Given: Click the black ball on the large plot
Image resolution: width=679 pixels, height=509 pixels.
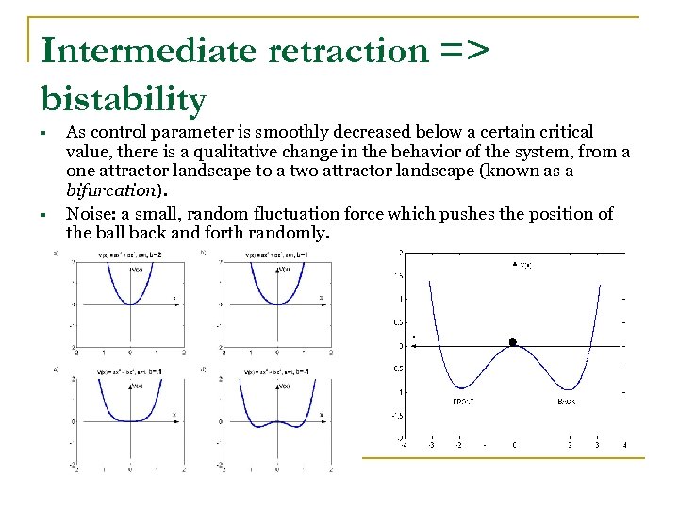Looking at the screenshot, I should click(x=513, y=343).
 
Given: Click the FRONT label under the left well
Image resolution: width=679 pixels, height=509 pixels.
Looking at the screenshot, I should click(x=463, y=401).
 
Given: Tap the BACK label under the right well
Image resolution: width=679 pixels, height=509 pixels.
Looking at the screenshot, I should click(x=567, y=401).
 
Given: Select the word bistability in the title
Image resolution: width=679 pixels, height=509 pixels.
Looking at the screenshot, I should click(x=124, y=97).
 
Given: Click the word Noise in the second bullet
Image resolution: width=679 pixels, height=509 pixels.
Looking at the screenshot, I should click(x=87, y=214).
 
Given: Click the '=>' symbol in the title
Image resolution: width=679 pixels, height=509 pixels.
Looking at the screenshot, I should click(x=463, y=50).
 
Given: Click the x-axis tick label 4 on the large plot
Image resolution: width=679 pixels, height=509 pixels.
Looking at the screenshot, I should click(x=624, y=444).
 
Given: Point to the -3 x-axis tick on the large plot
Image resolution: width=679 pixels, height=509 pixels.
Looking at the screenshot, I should click(x=431, y=444).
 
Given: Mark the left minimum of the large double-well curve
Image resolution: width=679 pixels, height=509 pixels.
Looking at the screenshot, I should click(x=461, y=387).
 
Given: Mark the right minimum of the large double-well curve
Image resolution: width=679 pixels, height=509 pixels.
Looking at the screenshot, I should click(x=566, y=387).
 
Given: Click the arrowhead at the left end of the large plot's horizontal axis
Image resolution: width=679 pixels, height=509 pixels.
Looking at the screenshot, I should click(x=406, y=346).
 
